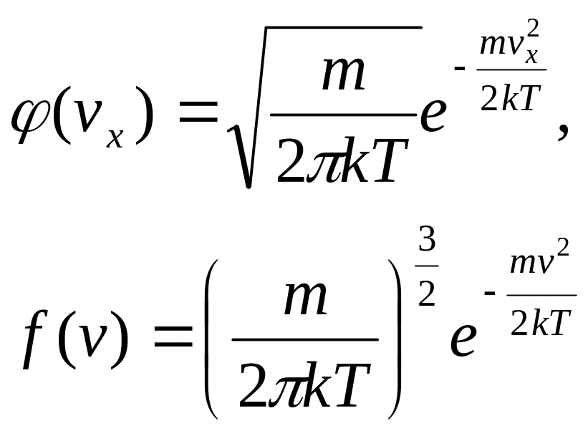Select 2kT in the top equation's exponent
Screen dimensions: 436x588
(x=509, y=101)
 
